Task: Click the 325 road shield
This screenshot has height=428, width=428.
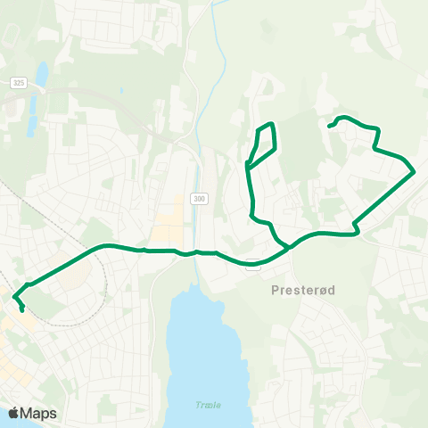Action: (18, 83)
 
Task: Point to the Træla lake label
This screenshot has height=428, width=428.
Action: (206, 404)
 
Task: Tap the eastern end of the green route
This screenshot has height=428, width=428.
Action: (329, 127)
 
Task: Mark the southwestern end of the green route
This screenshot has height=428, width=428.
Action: (21, 311)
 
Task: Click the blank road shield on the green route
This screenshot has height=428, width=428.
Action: (254, 263)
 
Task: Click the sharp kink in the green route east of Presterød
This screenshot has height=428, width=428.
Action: (357, 230)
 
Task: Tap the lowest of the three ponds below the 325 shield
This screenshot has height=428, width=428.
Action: (32, 128)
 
